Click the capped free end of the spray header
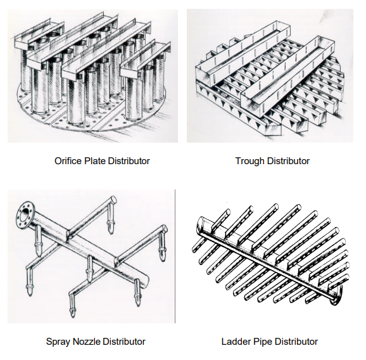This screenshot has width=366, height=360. tap(146, 280)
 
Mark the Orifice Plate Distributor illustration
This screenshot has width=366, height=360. tap(92, 75)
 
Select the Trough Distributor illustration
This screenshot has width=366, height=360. tap(270, 75)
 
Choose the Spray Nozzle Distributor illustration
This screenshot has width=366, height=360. tap(91, 256)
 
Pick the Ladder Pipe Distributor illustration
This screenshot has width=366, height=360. tap(271, 255)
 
